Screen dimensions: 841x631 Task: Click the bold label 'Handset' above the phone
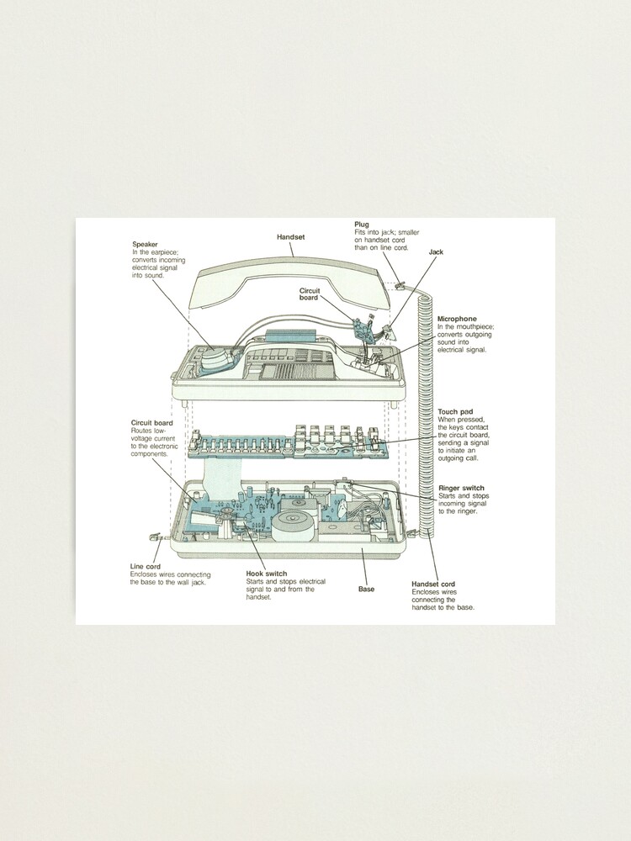tap(290, 238)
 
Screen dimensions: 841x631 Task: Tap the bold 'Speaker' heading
tap(145, 245)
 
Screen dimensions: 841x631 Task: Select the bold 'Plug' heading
tap(362, 225)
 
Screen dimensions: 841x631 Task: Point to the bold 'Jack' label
tap(435, 251)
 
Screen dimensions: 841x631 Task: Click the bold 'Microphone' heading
tap(457, 320)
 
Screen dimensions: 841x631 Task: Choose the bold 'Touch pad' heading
tap(455, 412)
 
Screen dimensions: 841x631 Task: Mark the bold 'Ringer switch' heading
tap(461, 488)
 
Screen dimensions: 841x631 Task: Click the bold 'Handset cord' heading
tap(433, 584)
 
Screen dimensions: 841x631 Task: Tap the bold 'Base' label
tap(366, 589)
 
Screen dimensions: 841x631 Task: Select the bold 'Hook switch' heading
tap(267, 574)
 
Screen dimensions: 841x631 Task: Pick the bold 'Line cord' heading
tap(146, 567)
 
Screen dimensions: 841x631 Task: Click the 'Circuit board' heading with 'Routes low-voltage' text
tap(152, 422)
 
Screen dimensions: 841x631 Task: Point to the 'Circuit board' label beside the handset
tap(310, 294)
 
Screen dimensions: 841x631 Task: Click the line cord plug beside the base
tap(154, 536)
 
